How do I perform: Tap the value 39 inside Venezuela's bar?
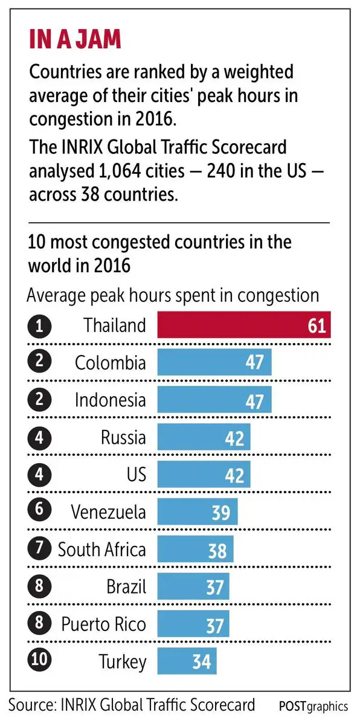tap(220, 512)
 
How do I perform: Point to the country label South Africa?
tap(102, 549)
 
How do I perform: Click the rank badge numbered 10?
tap(39, 660)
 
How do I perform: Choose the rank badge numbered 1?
tap(39, 326)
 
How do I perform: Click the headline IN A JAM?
tap(76, 40)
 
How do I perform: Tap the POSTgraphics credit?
tap(313, 705)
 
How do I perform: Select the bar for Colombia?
tap(214, 363)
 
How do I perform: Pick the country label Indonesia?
tap(111, 400)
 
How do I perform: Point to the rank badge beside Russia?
tap(39, 437)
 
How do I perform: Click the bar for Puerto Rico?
tap(193, 624)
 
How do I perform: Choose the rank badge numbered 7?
tap(39, 549)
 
